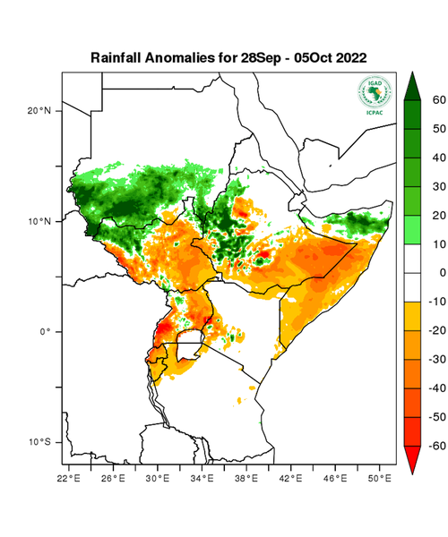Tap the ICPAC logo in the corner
pyautogui.click(x=375, y=95)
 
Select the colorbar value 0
pyautogui.click(x=440, y=272)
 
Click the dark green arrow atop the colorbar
pyautogui.click(x=413, y=86)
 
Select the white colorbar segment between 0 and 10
pyautogui.click(x=413, y=258)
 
